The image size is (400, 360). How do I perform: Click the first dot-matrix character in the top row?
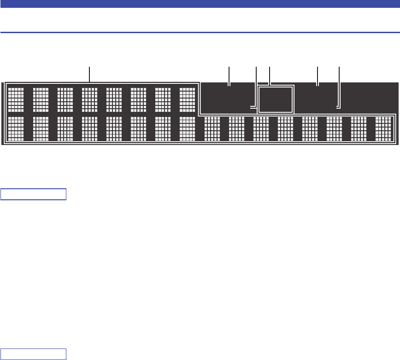pyautogui.click(x=16, y=99)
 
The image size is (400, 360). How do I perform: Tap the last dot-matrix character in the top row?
pyautogui.click(x=187, y=99)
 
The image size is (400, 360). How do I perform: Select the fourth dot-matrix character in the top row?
pyautogui.click(x=89, y=99)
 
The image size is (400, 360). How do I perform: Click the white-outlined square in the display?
pyautogui.click(x=276, y=99)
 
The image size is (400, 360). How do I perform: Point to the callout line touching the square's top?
pyautogui.click(x=270, y=76)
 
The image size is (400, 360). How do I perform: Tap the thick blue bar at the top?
pyautogui.click(x=200, y=4)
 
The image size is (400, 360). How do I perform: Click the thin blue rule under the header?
pyautogui.click(x=200, y=33)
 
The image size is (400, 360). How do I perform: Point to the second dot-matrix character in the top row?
pyautogui.click(x=41, y=99)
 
